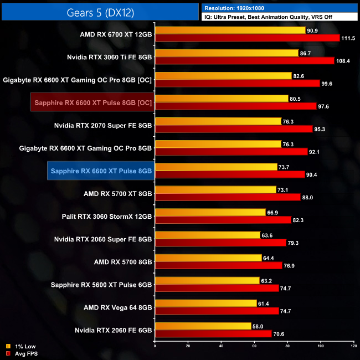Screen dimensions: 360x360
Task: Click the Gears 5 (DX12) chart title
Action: point(100,12)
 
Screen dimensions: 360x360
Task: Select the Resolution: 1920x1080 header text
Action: point(236,8)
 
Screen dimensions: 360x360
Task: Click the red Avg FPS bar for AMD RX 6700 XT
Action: point(247,38)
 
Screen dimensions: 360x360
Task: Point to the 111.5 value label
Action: point(349,38)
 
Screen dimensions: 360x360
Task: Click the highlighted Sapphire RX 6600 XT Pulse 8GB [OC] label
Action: point(92,102)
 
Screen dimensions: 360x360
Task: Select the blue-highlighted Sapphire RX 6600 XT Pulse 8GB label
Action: point(100,171)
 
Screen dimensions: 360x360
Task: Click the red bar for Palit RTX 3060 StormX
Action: point(223,220)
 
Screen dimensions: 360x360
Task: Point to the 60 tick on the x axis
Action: point(254,347)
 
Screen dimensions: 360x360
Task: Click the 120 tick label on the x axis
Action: point(353,347)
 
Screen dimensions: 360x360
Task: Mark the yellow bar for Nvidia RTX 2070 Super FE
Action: point(218,121)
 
